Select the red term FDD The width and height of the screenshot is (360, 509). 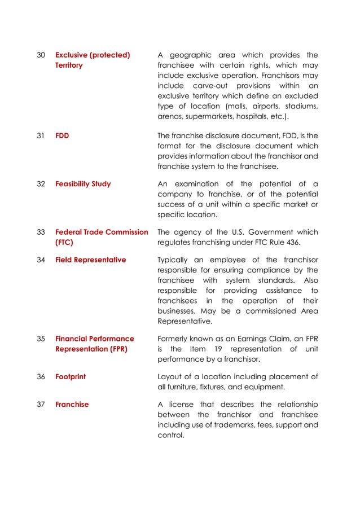point(62,135)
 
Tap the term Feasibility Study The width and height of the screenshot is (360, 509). point(83,184)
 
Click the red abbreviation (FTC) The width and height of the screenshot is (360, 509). point(64,243)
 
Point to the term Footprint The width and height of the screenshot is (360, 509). point(71,376)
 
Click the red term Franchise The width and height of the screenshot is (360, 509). point(72,405)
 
